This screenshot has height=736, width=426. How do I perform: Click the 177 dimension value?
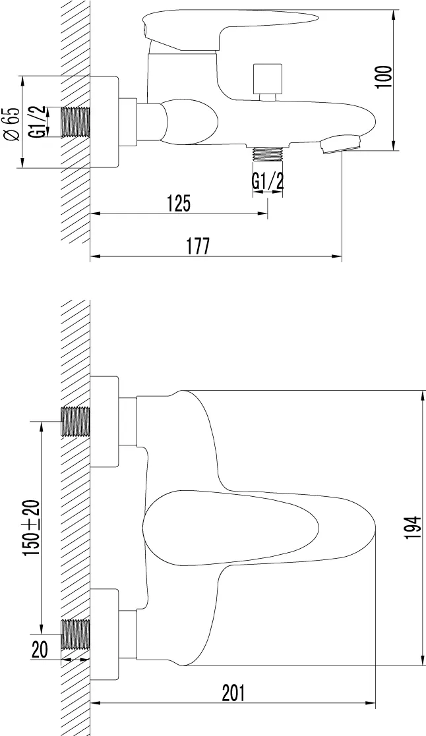tap(197, 246)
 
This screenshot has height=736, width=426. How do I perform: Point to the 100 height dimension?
tap(384, 77)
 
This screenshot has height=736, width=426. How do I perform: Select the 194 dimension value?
tap(413, 528)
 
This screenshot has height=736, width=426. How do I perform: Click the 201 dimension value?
tap(233, 693)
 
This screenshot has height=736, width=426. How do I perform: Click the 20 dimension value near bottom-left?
tap(40, 650)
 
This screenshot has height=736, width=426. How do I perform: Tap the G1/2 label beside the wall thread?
tap(41, 122)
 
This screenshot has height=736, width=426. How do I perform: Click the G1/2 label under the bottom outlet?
tap(268, 181)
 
